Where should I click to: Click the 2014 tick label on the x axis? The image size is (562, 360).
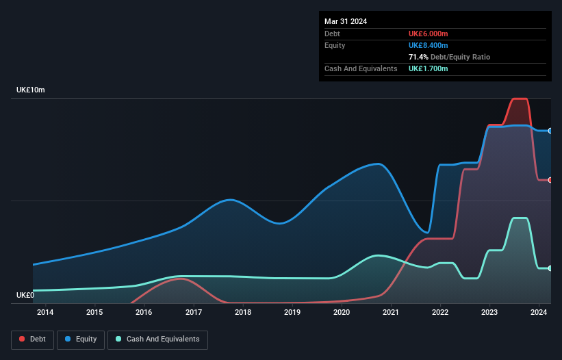point(45,313)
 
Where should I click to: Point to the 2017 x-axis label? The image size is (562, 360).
point(194,313)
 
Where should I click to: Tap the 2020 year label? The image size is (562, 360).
point(342,313)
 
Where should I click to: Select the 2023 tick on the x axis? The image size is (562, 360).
point(490,313)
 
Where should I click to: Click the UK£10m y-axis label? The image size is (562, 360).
point(31,90)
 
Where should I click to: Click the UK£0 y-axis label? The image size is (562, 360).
point(26,295)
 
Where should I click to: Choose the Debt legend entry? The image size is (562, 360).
point(32,339)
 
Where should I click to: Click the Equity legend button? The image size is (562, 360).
point(81,339)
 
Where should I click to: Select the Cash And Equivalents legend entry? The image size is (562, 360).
point(157,339)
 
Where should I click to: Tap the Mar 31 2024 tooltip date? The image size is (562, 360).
point(346,21)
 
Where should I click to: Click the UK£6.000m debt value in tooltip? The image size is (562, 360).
point(429,34)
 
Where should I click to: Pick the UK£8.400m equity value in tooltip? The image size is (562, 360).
point(429,45)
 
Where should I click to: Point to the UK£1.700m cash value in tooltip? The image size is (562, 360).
point(429,68)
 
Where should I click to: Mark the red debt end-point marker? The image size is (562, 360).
point(550,180)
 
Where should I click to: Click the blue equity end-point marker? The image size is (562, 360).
point(550,131)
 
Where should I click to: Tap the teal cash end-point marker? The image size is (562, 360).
point(550,268)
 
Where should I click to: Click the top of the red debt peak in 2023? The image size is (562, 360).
point(520,99)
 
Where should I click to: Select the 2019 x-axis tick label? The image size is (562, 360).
point(292,313)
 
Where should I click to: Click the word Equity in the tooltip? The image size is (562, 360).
point(335,45)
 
